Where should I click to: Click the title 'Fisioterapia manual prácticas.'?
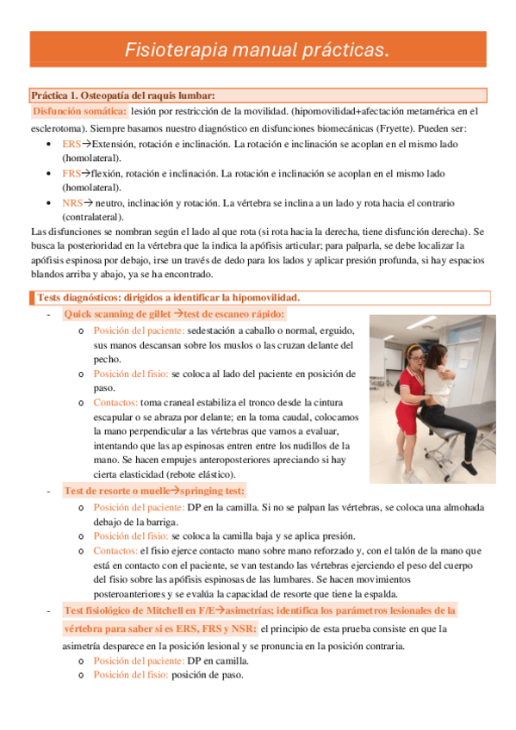pos(258,50)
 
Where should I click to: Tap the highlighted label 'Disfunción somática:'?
pos(79,111)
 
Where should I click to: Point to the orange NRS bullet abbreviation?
pos(72,204)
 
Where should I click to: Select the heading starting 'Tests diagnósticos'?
pos(168,298)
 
